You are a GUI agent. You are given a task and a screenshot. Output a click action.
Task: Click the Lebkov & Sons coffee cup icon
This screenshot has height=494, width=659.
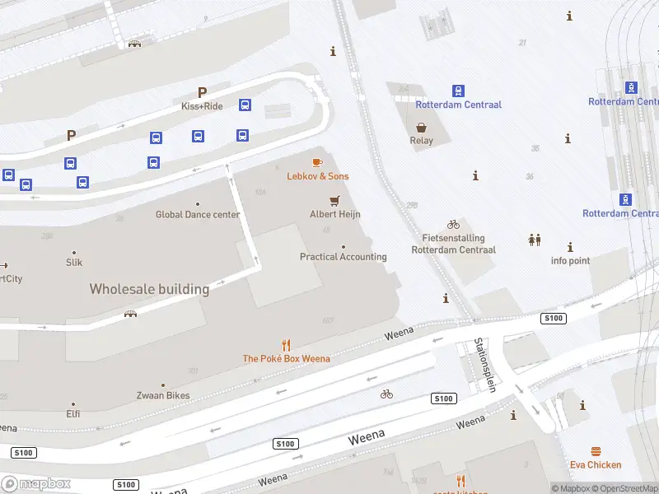(317, 163)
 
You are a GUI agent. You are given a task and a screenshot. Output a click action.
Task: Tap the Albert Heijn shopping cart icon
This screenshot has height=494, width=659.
(334, 200)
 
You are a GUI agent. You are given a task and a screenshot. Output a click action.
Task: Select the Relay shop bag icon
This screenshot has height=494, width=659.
(421, 127)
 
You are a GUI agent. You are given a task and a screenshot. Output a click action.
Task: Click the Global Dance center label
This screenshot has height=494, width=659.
(198, 215)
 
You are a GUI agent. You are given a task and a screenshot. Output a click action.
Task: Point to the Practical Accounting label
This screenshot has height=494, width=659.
(343, 257)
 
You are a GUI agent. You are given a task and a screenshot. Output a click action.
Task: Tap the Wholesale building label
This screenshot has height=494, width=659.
(149, 289)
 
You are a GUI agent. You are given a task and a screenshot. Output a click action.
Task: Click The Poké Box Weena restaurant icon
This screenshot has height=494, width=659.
(286, 345)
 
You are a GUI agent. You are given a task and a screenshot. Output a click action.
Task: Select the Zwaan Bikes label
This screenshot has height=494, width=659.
(163, 396)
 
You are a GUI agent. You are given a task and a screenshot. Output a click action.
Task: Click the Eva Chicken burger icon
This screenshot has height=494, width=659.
(596, 451)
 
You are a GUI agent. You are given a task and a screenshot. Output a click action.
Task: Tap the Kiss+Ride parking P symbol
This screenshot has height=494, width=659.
(202, 93)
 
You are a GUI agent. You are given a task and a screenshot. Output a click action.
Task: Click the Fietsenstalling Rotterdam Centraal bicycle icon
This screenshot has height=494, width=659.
(453, 224)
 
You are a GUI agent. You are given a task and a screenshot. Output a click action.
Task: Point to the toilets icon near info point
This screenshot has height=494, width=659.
(535, 240)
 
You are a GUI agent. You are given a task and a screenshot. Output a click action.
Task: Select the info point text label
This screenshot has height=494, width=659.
(570, 261)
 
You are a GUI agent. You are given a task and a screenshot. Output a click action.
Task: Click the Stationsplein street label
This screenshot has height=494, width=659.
(484, 366)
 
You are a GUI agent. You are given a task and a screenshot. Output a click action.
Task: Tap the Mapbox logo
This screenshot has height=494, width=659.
(36, 484)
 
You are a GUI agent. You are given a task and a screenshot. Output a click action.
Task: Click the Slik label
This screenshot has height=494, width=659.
(74, 263)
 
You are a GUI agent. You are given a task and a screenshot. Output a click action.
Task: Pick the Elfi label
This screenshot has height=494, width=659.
(73, 414)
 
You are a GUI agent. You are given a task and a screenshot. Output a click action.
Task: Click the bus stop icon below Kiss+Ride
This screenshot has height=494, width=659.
(245, 105)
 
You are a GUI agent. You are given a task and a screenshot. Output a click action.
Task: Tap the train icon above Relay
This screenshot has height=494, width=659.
(458, 91)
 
